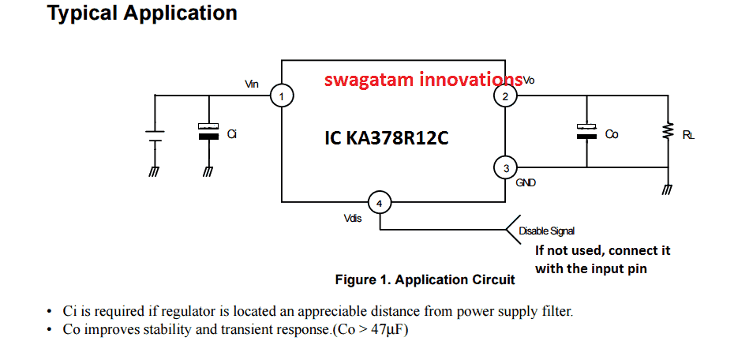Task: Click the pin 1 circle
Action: [x=282, y=96]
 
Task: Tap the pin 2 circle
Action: [x=504, y=96]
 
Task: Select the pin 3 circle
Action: [x=504, y=167]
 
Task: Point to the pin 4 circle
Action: [x=380, y=204]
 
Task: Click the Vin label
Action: [x=252, y=83]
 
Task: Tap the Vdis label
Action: [x=353, y=219]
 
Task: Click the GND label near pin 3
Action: [x=526, y=182]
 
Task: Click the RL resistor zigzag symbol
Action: [x=668, y=129]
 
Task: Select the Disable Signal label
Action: [x=546, y=231]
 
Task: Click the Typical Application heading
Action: [x=142, y=13]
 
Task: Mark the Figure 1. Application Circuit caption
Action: [x=425, y=279]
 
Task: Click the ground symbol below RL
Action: [x=668, y=189]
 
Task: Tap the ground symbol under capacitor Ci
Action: [x=208, y=170]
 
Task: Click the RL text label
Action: [x=689, y=135]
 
